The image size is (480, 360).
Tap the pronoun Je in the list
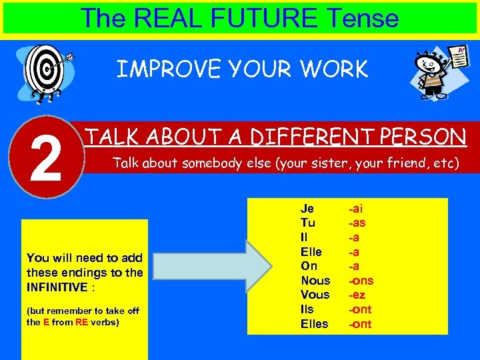point(307,208)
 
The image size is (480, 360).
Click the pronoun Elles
point(315,324)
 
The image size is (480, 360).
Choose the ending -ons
point(362,281)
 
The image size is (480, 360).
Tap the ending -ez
point(357,295)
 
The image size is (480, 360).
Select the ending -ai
point(355,208)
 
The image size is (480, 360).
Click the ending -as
point(357,223)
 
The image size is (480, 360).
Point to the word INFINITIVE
point(55,287)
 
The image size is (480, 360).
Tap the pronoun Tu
point(307,223)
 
